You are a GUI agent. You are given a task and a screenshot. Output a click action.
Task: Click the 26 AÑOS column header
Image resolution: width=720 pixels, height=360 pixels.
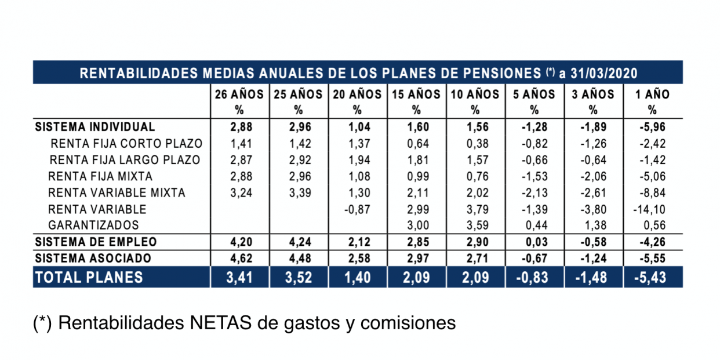pyautogui.click(x=239, y=94)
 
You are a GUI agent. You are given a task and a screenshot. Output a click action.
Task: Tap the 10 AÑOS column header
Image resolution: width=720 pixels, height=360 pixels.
pyautogui.click(x=475, y=94)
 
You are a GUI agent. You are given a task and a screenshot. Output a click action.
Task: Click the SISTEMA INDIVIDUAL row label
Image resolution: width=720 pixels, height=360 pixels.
pyautogui.click(x=95, y=127)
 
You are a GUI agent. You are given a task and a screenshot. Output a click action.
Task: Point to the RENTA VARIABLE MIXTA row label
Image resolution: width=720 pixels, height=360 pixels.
pyautogui.click(x=117, y=192)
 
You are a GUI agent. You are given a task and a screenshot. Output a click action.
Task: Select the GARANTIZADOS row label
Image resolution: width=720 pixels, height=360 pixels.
pyautogui.click(x=93, y=225)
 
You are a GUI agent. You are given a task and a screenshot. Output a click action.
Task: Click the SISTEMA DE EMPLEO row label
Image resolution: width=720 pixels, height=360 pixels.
pyautogui.click(x=96, y=242)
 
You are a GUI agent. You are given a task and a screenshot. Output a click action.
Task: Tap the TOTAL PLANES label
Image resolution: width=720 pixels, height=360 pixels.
pyautogui.click(x=89, y=278)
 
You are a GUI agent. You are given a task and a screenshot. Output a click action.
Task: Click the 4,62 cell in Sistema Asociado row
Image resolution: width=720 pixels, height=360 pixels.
pyautogui.click(x=239, y=258)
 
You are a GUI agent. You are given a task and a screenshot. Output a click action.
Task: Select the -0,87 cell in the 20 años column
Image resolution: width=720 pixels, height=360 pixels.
pyautogui.click(x=357, y=209)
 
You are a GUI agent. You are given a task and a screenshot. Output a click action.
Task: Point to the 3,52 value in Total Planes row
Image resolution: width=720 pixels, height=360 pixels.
pyautogui.click(x=299, y=278)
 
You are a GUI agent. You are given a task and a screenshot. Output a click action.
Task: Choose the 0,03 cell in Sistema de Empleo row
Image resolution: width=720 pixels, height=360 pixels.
pyautogui.click(x=534, y=242)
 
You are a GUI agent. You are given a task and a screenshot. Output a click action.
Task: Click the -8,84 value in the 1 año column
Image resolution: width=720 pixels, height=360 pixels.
pyautogui.click(x=653, y=192)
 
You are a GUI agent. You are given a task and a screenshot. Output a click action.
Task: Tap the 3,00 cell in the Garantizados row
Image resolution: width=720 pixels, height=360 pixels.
pyautogui.click(x=416, y=225)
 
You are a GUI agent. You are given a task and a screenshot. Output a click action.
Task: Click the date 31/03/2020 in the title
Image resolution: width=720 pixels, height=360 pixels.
pyautogui.click(x=603, y=74)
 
